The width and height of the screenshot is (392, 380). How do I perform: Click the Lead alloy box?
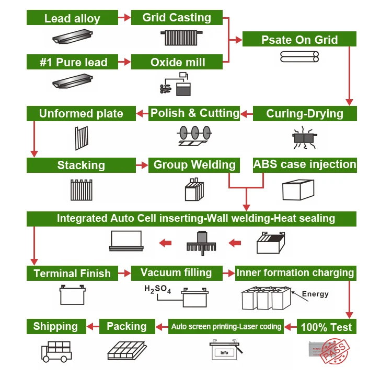pyautogui.click(x=72, y=18)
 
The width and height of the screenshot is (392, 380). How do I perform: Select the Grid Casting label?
pyautogui.click(x=177, y=18)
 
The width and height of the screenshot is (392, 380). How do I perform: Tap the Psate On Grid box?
pyautogui.click(x=299, y=39)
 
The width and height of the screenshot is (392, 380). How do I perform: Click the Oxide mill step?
pyautogui.click(x=177, y=62)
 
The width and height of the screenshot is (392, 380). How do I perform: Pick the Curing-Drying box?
pyautogui.click(x=305, y=113)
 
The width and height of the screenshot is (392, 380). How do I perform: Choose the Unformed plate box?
pyautogui.click(x=81, y=113)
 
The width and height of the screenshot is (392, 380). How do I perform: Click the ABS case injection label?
pyautogui.click(x=305, y=164)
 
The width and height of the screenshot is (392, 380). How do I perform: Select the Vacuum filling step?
pyautogui.click(x=176, y=272)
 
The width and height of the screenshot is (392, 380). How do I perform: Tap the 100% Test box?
pyautogui.click(x=327, y=327)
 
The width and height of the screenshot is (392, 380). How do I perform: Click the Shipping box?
pyautogui.click(x=55, y=326)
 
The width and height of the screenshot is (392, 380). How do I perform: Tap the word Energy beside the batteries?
pyautogui.click(x=315, y=294)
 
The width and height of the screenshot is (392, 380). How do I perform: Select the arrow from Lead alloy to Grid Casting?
pyautogui.click(x=124, y=18)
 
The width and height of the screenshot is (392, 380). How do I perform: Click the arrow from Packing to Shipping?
pyautogui.click(x=93, y=327)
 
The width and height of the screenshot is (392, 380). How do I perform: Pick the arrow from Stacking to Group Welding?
pyautogui.click(x=142, y=165)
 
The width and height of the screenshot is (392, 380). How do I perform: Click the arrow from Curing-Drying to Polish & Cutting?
pyautogui.click(x=247, y=113)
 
